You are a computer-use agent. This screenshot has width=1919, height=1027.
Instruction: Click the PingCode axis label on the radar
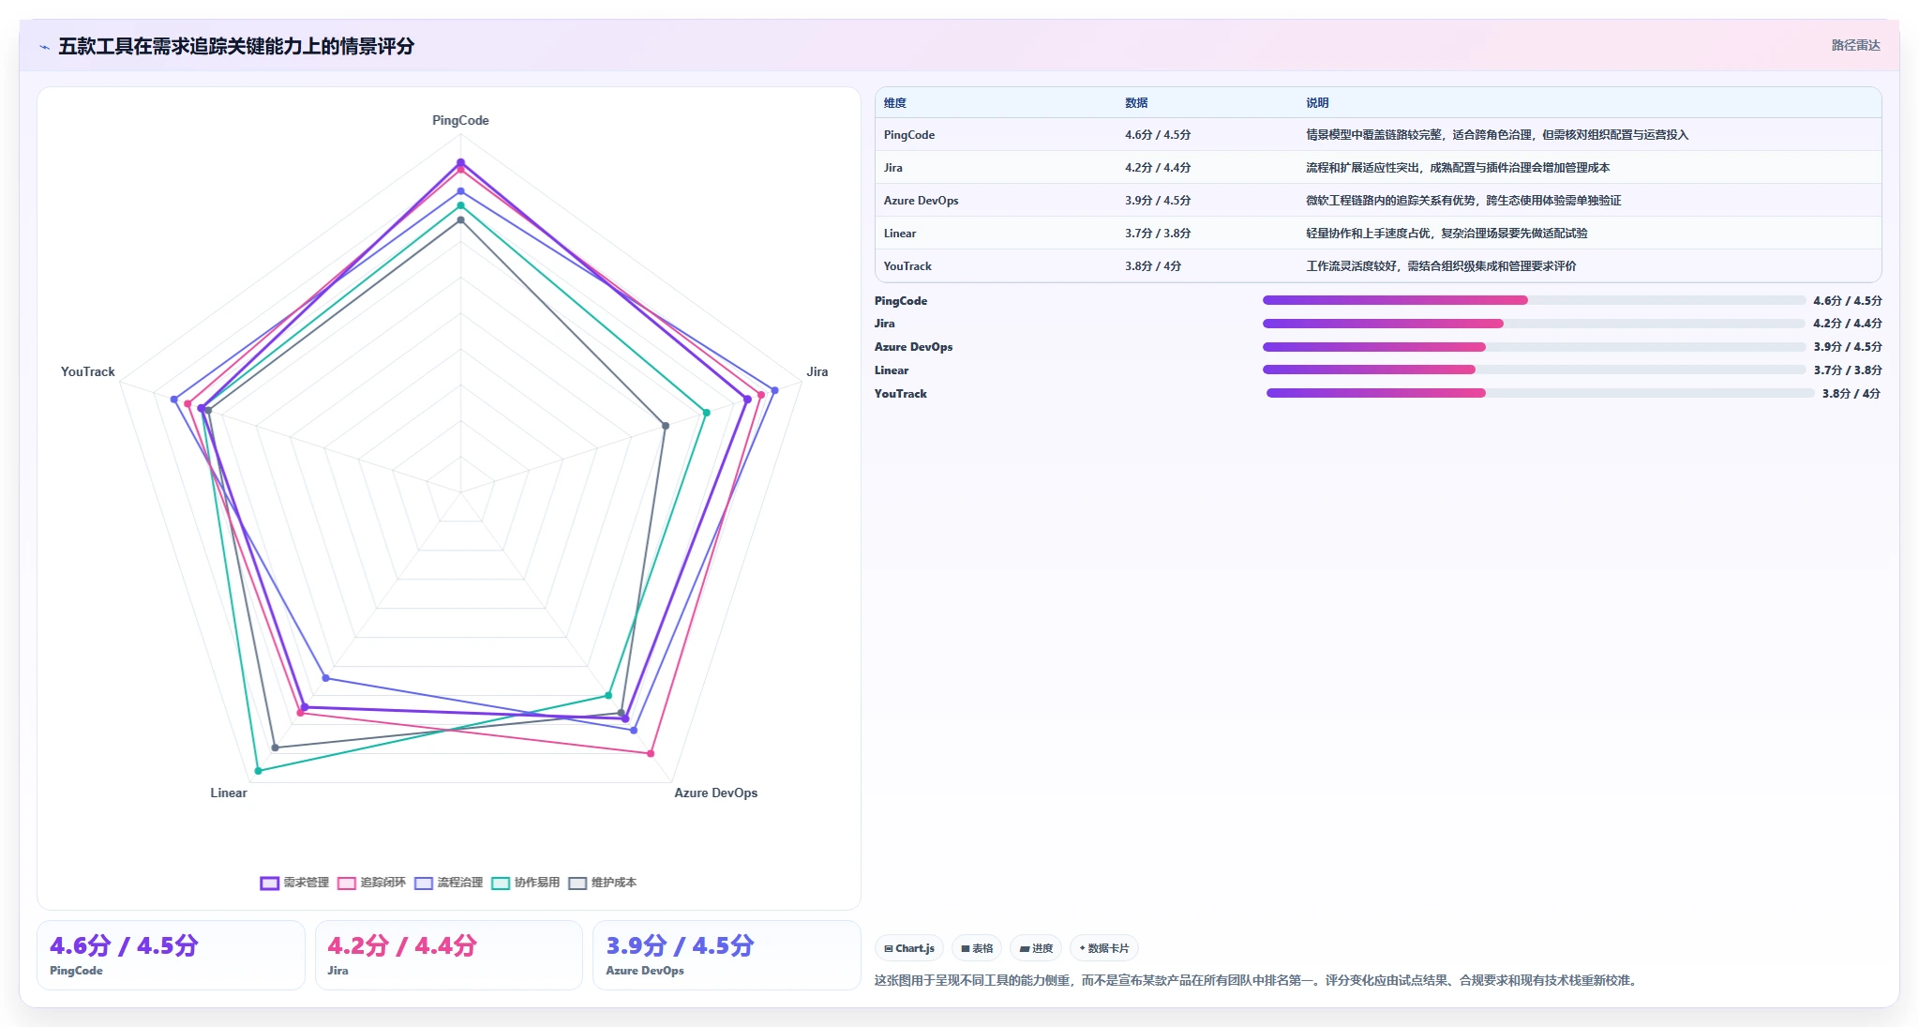[460, 120]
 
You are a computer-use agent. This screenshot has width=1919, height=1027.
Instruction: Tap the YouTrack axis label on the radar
[88, 371]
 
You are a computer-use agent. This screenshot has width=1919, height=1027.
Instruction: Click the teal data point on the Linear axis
[259, 771]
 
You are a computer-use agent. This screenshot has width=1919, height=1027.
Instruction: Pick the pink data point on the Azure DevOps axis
[651, 753]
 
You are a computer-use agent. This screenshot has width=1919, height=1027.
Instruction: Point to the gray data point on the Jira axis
[666, 426]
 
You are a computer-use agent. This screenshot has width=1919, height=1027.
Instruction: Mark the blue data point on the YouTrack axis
[173, 400]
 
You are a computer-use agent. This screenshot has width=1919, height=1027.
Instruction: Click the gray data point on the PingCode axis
[460, 220]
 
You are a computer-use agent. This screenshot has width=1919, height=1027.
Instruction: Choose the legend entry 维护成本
[603, 883]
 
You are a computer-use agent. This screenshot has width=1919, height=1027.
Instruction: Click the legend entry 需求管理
[294, 883]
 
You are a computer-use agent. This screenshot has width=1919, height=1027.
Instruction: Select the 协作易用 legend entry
[526, 883]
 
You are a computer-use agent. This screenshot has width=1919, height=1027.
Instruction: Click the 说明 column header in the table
[1317, 103]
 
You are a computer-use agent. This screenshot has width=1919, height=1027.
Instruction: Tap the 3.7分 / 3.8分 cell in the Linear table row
[1158, 234]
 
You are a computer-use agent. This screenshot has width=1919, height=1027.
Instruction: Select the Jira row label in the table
[893, 168]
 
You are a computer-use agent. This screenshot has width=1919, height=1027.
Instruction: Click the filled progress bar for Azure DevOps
[1374, 347]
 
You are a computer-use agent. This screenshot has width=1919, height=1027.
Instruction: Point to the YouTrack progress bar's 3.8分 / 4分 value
[1852, 394]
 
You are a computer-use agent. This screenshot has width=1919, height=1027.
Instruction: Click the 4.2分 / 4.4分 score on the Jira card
[402, 945]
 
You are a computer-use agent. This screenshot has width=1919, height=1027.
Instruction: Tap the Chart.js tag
[909, 948]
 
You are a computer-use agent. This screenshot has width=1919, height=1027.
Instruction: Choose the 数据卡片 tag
[1104, 948]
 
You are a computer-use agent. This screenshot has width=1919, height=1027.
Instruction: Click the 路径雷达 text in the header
[1856, 45]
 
